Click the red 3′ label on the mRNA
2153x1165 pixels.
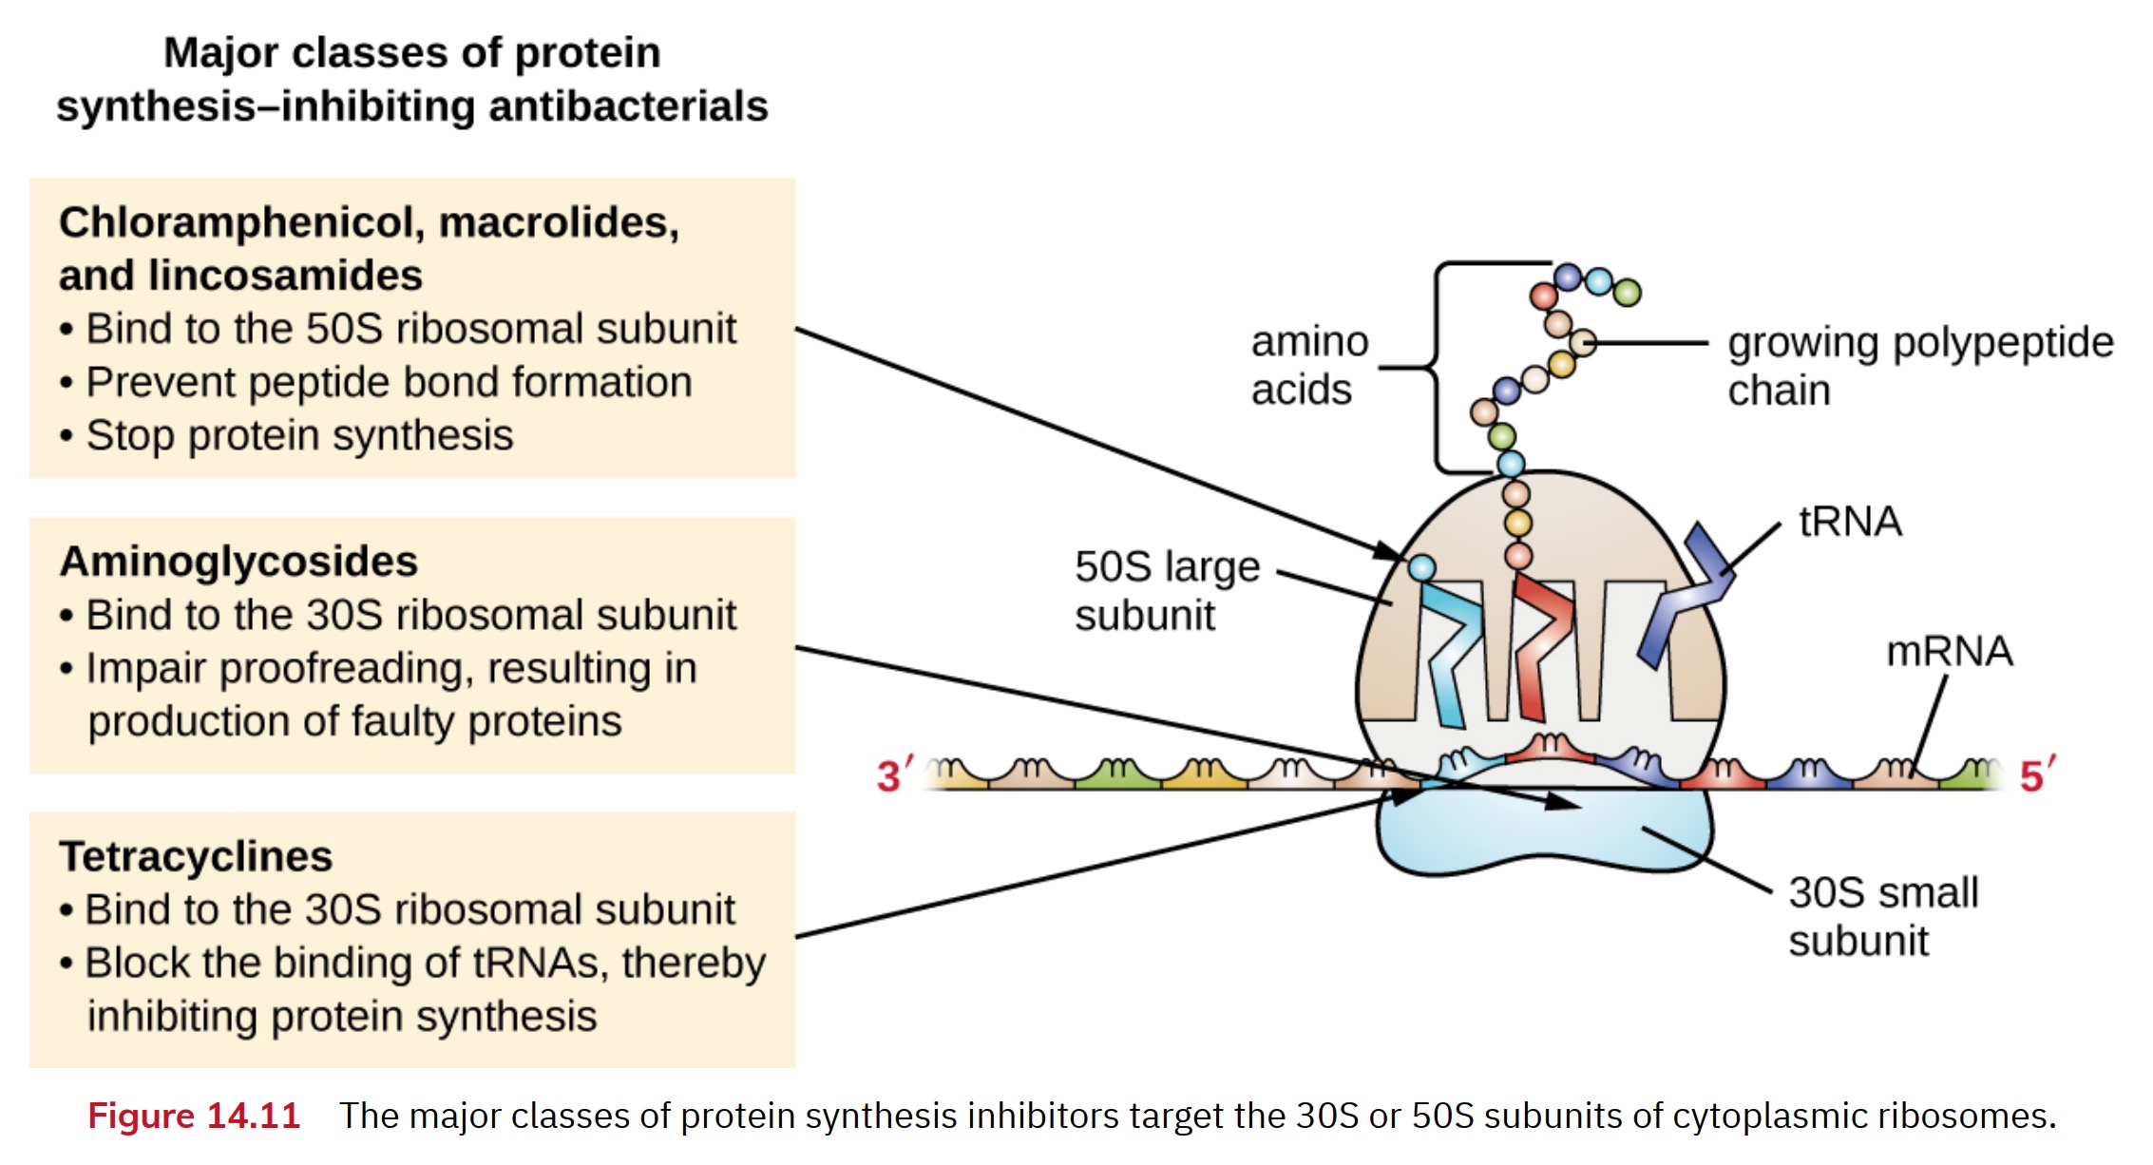click(893, 774)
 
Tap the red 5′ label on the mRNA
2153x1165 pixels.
click(2036, 774)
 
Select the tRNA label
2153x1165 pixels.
click(1850, 522)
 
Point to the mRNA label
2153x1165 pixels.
click(1949, 652)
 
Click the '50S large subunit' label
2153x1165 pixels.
click(1167, 590)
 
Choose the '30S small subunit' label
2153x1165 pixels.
click(1882, 916)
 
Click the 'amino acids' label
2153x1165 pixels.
click(1308, 366)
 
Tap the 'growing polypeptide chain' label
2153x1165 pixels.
click(1919, 366)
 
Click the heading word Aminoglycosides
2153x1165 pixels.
click(238, 562)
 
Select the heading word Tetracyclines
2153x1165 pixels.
click(196, 856)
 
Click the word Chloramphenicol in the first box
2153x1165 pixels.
click(241, 223)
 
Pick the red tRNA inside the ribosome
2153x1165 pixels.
click(1540, 646)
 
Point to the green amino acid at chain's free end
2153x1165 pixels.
click(1628, 292)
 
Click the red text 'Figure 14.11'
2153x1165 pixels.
click(194, 1116)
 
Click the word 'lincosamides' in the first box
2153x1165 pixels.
click(284, 277)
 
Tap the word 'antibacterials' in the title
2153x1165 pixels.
click(628, 106)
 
